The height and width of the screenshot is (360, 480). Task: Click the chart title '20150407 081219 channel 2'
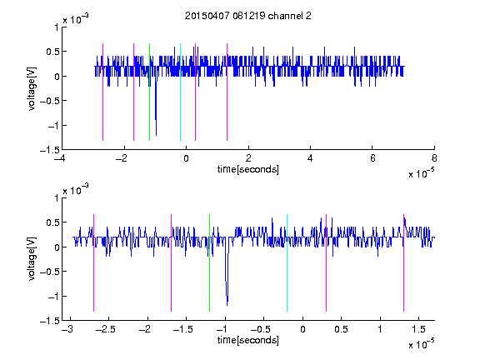pyautogui.click(x=248, y=16)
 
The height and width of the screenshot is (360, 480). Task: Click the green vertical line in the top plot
pyautogui.click(x=149, y=92)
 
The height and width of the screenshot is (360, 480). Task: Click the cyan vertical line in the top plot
pyautogui.click(x=180, y=92)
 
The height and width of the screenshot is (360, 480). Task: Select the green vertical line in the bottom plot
pyautogui.click(x=209, y=262)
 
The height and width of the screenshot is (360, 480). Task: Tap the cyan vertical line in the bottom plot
pyautogui.click(x=287, y=262)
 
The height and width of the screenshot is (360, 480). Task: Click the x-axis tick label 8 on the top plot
pyautogui.click(x=434, y=158)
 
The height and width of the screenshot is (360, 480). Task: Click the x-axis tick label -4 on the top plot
pyautogui.click(x=60, y=158)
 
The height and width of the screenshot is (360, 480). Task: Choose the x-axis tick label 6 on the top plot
pyautogui.click(x=372, y=158)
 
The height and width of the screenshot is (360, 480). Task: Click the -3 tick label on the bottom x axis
pyautogui.click(x=67, y=329)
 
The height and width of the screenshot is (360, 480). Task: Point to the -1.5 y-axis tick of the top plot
pyautogui.click(x=50, y=150)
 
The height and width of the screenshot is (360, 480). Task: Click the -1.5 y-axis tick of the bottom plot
pyautogui.click(x=50, y=321)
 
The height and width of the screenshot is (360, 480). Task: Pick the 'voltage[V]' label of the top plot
pyautogui.click(x=32, y=88)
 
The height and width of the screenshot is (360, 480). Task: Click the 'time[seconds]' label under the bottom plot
pyautogui.click(x=248, y=340)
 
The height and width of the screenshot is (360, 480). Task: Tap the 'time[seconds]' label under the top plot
pyautogui.click(x=248, y=169)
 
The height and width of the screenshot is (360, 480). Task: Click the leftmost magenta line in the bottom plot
pyautogui.click(x=93, y=262)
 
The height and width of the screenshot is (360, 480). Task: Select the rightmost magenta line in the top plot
pyautogui.click(x=227, y=92)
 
